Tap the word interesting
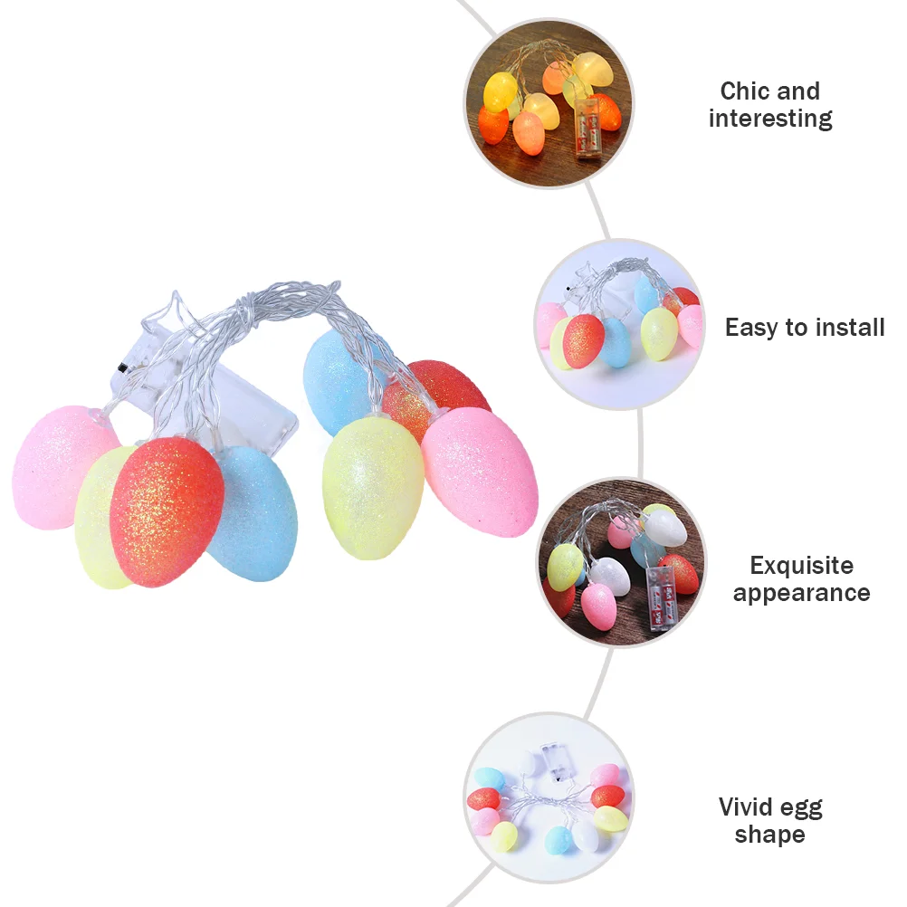click(770, 119)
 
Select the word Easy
click(753, 327)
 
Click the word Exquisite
click(801, 566)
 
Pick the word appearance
click(801, 594)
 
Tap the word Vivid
click(746, 807)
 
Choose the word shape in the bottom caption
click(769, 835)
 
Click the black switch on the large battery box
click(121, 368)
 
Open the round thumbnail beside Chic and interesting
click(549, 103)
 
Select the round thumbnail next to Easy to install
click(619, 324)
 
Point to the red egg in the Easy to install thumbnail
click(585, 340)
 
